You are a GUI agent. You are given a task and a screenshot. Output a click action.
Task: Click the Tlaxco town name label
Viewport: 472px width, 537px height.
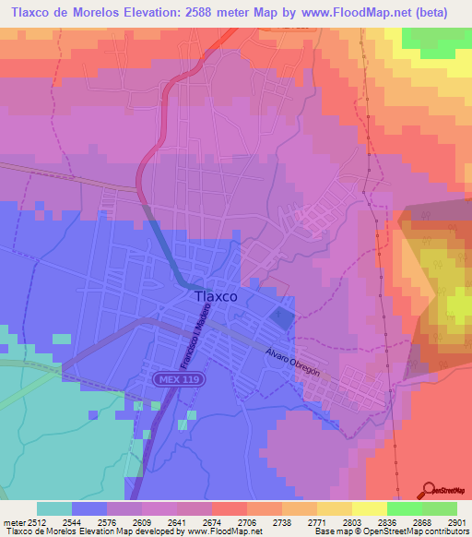pos(217,297)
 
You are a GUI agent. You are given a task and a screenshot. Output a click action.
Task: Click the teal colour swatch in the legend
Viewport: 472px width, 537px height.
pos(53,508)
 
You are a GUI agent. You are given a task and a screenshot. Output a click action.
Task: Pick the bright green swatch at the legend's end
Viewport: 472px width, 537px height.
pos(439,508)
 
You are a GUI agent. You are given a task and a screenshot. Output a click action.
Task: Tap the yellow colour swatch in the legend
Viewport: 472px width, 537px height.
pos(369,508)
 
